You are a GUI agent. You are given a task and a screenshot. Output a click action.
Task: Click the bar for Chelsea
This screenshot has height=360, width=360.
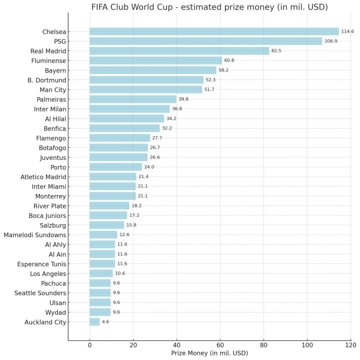tap(214, 31)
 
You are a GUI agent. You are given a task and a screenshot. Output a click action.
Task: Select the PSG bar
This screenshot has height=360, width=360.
tap(205, 41)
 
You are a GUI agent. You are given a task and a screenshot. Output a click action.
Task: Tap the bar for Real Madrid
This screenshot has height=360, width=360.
tap(179, 51)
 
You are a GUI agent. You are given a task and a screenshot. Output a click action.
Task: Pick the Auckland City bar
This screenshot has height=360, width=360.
tap(94, 322)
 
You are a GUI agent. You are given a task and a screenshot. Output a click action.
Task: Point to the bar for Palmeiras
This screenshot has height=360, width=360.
tap(132, 99)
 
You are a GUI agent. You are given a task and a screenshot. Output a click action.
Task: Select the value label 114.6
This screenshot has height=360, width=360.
tap(347, 31)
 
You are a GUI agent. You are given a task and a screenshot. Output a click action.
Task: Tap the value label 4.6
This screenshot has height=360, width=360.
tap(105, 322)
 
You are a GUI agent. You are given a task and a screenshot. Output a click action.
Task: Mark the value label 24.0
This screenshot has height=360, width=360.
tap(149, 167)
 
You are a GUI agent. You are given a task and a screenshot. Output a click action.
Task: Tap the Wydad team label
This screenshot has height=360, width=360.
tap(55, 312)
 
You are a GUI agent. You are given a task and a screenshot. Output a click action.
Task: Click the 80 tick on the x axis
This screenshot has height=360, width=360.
tap(263, 345)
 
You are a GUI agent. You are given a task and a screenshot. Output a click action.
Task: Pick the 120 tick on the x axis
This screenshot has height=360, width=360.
tap(350, 345)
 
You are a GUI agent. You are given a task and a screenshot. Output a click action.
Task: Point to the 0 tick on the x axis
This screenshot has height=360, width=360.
tap(89, 345)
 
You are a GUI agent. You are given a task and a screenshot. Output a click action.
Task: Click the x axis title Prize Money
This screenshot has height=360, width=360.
tap(209, 353)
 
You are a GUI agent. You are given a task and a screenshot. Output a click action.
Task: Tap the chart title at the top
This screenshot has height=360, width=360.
tap(209, 7)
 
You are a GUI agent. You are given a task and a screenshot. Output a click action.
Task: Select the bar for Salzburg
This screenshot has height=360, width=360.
tap(106, 225)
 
